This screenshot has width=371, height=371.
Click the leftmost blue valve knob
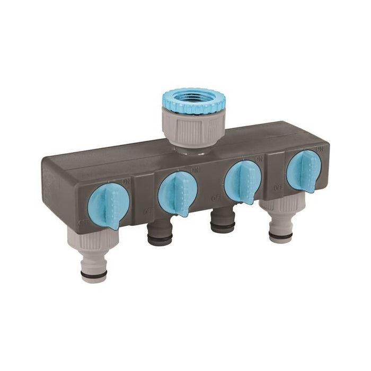(x=108, y=205)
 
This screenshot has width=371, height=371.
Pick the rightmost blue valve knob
(x=303, y=169)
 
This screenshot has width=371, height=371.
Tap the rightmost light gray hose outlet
(x=280, y=223)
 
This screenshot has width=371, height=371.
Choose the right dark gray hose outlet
(x=223, y=220)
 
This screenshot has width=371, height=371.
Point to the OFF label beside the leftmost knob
(x=83, y=222)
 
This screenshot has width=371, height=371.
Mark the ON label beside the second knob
(x=196, y=170)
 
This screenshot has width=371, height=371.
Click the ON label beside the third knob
(x=259, y=159)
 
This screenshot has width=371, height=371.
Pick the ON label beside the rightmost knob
(x=319, y=149)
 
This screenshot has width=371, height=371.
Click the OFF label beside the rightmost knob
(x=278, y=187)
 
